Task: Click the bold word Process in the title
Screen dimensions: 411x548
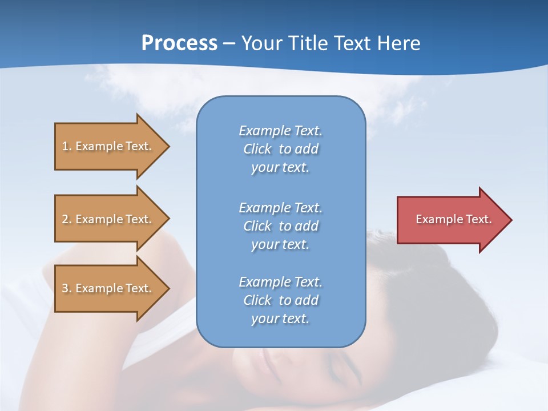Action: click(179, 43)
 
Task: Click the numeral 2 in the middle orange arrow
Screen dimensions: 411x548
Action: click(65, 219)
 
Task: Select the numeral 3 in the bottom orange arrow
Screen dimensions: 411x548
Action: click(65, 288)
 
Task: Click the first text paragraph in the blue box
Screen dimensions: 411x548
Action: click(280, 149)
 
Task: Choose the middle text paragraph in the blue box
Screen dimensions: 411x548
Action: click(280, 226)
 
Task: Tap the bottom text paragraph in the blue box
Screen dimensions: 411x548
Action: click(280, 300)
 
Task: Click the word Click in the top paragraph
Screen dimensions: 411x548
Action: click(257, 149)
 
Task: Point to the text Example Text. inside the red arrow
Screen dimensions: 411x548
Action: click(454, 219)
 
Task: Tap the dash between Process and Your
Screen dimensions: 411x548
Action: click(229, 44)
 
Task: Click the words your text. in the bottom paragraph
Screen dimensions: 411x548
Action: click(280, 319)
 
